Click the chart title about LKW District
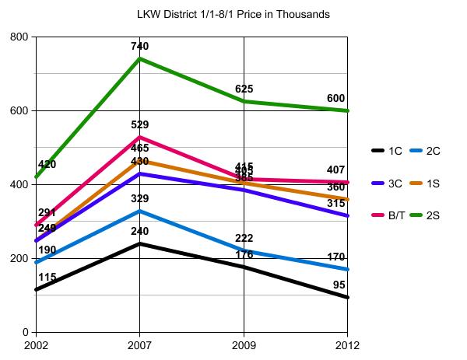(x=231, y=14)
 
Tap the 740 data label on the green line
(x=140, y=47)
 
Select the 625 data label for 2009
(x=244, y=89)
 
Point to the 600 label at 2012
(x=336, y=99)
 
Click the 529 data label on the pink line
(x=140, y=124)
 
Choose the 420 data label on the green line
(x=47, y=165)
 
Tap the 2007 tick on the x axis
(x=140, y=344)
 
